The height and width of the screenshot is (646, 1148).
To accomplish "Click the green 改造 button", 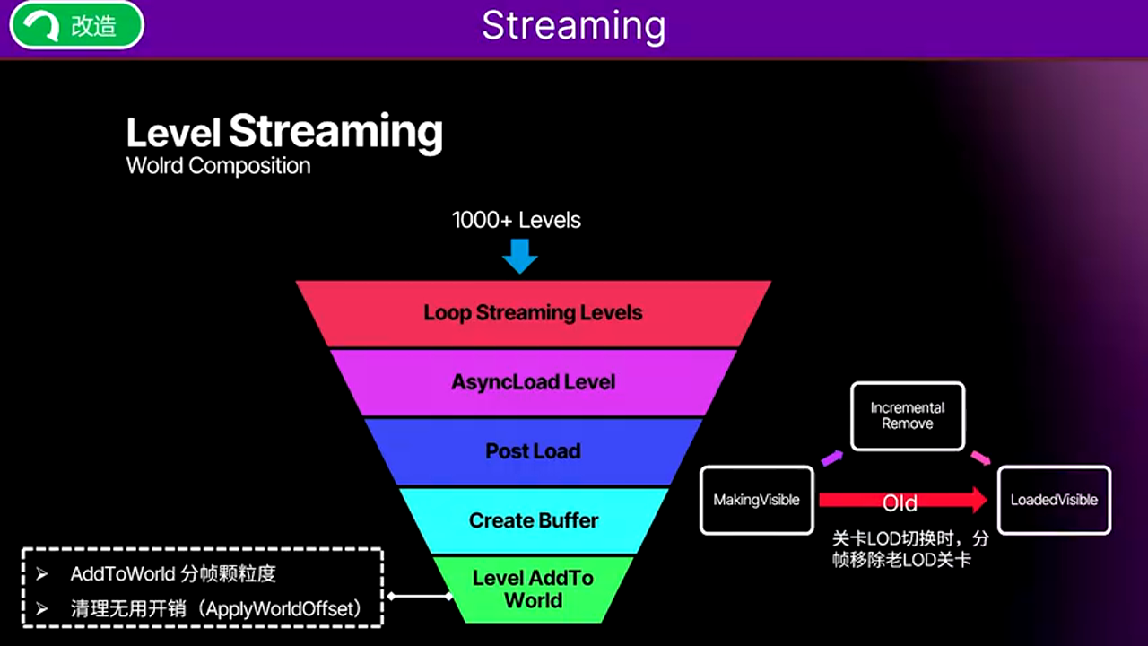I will click(76, 25).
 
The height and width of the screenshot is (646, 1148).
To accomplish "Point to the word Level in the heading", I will click(173, 134).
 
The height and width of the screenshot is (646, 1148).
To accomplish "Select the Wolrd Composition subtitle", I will click(218, 166).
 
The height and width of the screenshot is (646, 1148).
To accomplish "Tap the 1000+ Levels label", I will click(517, 220).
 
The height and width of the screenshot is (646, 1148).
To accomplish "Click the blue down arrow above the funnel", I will click(519, 255).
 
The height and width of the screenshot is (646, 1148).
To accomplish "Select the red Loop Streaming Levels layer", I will click(534, 313).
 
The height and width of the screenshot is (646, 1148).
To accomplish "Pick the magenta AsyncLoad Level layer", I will click(534, 382).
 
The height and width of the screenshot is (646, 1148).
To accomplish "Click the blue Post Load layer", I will click(534, 451).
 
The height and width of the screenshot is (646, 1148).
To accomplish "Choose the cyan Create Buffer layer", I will click(534, 520).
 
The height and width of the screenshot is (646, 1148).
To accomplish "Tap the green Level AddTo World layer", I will click(534, 589).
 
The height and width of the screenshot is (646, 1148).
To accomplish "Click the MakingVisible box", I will click(756, 500).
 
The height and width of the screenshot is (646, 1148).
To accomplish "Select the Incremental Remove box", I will click(907, 415).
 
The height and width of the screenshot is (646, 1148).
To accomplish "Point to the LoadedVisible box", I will click(1054, 500).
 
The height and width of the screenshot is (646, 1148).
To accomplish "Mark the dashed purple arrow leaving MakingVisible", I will click(832, 458).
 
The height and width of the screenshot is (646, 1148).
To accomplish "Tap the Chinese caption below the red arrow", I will click(909, 549).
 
